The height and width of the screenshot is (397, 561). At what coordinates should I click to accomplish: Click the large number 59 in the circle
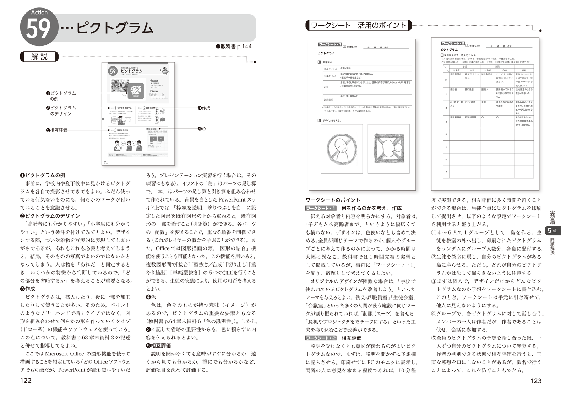click(38, 29)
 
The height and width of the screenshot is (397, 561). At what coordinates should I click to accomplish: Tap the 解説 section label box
click(39, 57)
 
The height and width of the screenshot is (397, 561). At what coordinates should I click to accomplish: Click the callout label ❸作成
click(204, 108)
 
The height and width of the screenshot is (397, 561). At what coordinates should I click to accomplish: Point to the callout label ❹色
click(202, 129)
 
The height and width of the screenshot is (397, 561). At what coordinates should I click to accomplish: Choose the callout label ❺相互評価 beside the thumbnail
click(56, 130)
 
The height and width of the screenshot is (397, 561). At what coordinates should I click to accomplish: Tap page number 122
click(26, 381)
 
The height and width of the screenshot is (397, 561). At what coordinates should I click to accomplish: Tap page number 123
click(536, 381)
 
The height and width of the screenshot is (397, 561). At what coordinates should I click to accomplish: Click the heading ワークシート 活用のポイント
click(358, 25)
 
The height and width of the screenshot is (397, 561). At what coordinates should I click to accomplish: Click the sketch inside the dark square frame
click(389, 148)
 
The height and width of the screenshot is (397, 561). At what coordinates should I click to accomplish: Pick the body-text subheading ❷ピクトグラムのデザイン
click(50, 216)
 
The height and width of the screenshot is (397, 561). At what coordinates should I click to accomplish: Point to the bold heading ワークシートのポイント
click(333, 200)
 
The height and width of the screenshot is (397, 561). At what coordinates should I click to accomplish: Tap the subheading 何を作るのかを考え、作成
click(371, 208)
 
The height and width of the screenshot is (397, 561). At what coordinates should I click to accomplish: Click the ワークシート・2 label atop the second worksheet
click(453, 43)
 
